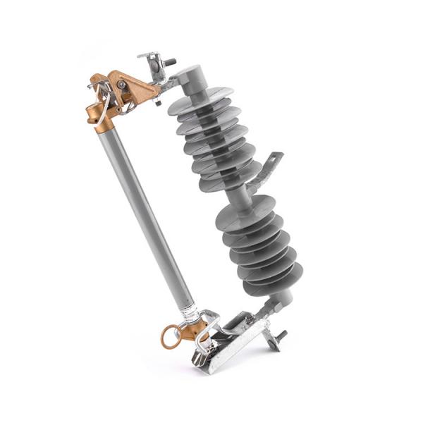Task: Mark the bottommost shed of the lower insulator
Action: tap(275, 282)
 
